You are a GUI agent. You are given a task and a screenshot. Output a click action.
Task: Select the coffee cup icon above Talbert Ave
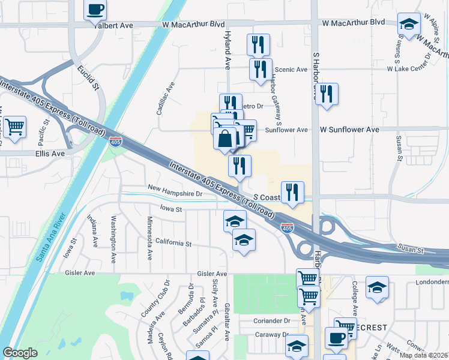(x=95, y=10)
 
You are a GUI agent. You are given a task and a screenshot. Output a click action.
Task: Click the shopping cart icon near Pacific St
(x=14, y=127)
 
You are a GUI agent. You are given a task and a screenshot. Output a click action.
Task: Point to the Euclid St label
(x=88, y=77)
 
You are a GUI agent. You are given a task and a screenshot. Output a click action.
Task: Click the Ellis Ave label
(x=49, y=154)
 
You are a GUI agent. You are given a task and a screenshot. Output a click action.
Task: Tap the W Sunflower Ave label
(x=349, y=129)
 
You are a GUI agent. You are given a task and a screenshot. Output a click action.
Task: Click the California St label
(x=173, y=244)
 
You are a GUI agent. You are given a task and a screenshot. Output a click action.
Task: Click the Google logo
(x=20, y=353)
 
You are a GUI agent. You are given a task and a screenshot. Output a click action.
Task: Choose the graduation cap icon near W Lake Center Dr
(x=409, y=25)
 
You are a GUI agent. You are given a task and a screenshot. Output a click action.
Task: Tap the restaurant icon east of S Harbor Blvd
(x=327, y=94)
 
